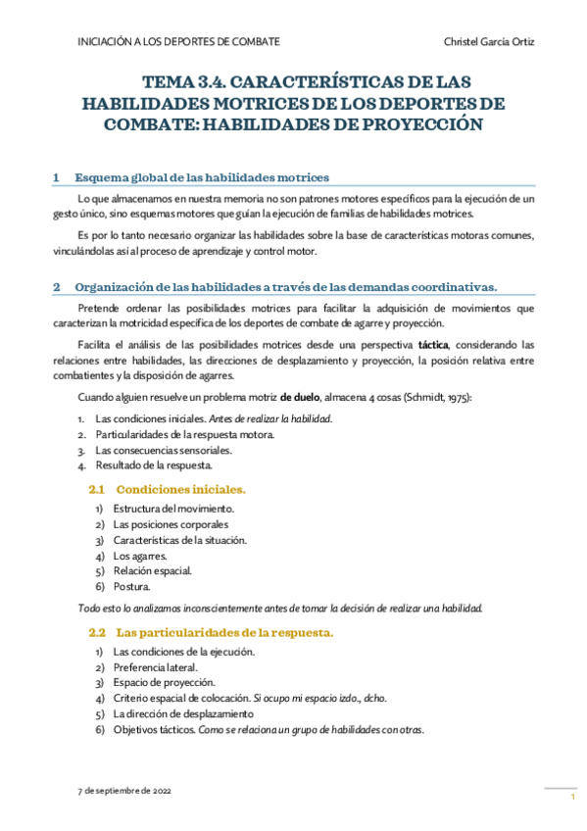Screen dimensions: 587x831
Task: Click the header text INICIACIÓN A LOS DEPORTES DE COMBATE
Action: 178,41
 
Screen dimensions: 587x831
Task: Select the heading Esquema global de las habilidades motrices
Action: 201,177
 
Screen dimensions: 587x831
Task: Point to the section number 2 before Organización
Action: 57,287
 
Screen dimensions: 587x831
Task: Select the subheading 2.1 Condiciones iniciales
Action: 167,487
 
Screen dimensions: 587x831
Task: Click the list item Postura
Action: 131,587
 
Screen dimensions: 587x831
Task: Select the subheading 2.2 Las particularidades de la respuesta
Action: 211,632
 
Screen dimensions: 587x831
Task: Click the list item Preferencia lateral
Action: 155,667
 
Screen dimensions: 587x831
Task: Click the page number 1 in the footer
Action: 571,798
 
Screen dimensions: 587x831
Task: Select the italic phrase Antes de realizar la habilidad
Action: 275,418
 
